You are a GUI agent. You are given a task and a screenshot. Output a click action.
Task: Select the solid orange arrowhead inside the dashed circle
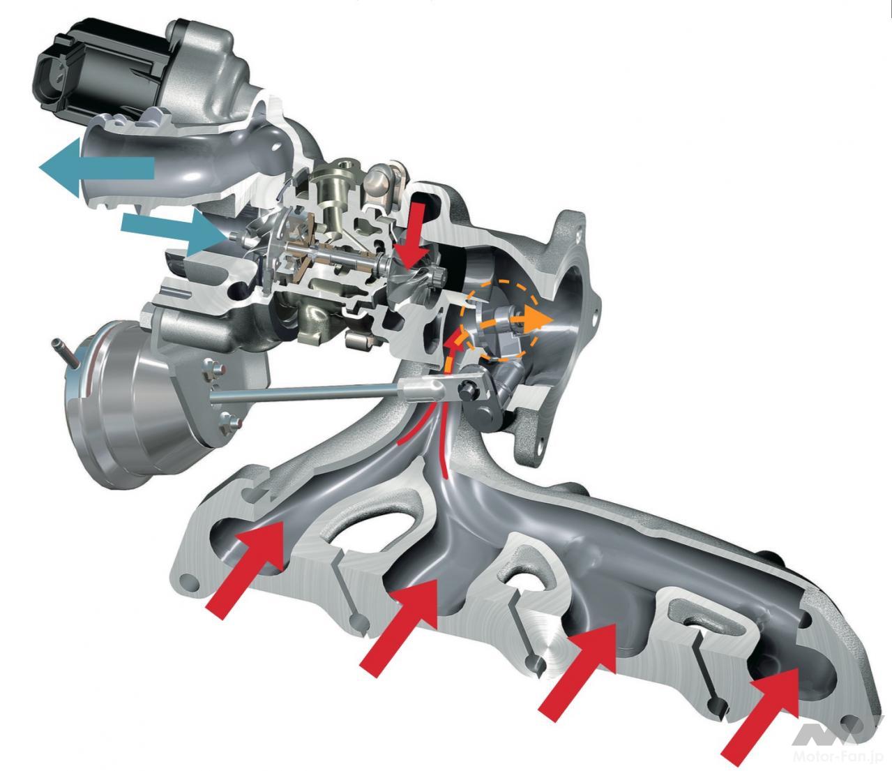[538, 320]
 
